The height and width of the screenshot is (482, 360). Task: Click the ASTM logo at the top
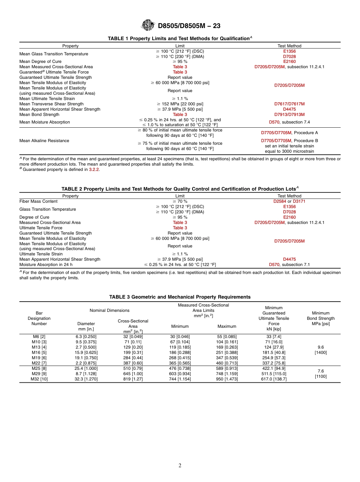click(148, 25)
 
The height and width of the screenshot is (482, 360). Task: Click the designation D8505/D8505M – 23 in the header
click(189, 26)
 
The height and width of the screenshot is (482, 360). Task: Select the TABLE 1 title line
click(180, 39)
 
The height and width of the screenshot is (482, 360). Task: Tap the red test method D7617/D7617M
click(289, 104)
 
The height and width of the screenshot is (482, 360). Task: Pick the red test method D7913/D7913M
click(289, 114)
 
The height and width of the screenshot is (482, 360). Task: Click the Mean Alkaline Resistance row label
click(44, 141)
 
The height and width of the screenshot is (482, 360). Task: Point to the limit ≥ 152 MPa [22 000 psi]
click(180, 104)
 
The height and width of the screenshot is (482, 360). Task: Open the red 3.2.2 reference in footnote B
click(93, 169)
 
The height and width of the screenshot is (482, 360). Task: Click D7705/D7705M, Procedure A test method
click(289, 133)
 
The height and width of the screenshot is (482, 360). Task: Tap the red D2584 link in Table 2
click(280, 201)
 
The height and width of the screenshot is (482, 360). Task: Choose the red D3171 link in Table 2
click(299, 201)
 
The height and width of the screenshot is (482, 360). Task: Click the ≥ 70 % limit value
click(180, 201)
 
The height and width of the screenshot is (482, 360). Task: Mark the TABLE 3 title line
click(180, 297)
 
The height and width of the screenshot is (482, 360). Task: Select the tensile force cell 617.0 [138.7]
click(274, 379)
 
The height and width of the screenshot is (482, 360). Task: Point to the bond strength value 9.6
click(321, 347)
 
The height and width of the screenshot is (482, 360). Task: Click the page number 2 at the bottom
click(180, 466)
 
